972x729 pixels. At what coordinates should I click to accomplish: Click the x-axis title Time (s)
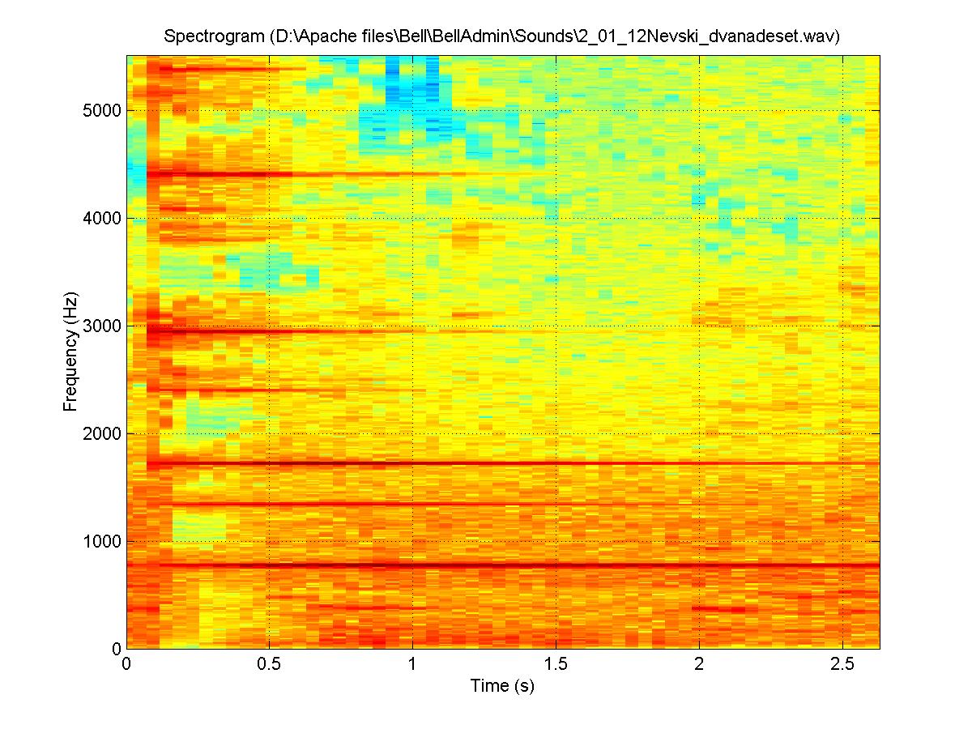click(x=502, y=686)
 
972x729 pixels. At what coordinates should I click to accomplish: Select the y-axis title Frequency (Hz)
click(x=70, y=352)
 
